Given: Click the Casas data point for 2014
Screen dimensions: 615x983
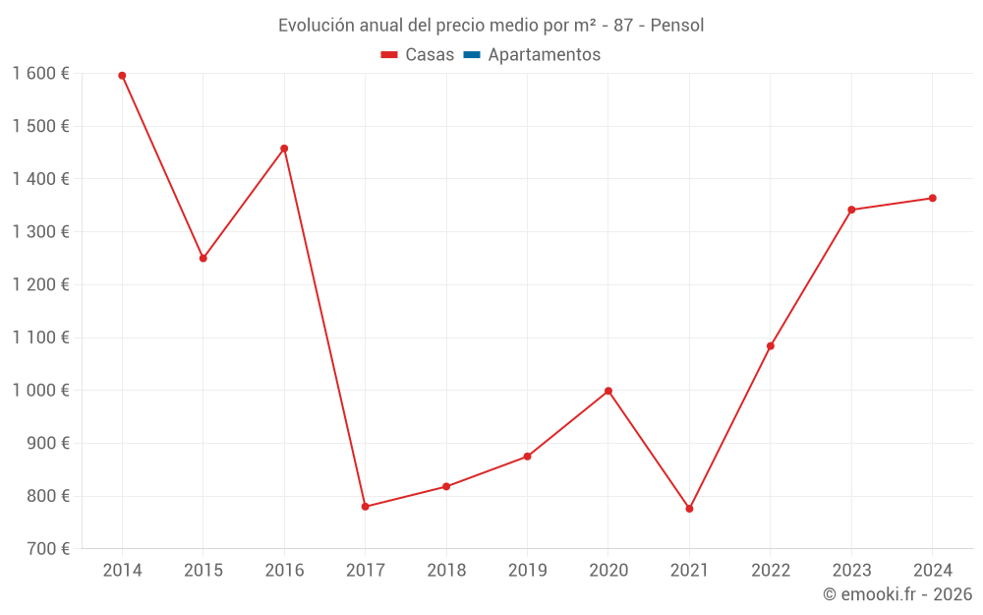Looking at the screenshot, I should (x=122, y=76).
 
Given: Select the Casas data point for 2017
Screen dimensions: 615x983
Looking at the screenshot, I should (x=365, y=507).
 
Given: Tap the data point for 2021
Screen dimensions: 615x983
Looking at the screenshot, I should (x=689, y=509).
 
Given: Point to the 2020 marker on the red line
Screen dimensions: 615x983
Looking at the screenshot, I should (x=608, y=391).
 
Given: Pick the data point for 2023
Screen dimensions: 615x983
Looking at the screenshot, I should (x=851, y=210).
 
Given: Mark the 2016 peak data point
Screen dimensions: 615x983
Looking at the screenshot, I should (x=284, y=149).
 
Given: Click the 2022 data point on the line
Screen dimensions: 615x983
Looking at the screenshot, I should (x=771, y=346).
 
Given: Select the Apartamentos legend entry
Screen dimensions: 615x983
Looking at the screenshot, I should (x=544, y=55).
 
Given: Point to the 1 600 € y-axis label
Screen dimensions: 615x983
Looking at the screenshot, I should (x=40, y=74).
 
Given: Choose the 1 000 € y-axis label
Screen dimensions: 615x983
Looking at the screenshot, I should (x=40, y=391).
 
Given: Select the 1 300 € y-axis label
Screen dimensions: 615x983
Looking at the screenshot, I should (x=40, y=232).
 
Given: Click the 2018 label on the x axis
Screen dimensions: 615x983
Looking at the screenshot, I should (x=446, y=571).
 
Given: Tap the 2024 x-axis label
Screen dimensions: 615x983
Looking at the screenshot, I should (x=932, y=571).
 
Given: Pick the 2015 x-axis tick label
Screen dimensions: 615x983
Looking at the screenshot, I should (x=203, y=571).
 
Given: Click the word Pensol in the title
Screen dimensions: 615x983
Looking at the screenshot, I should (x=677, y=26).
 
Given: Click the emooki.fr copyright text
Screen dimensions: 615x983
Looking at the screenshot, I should (x=897, y=594).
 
